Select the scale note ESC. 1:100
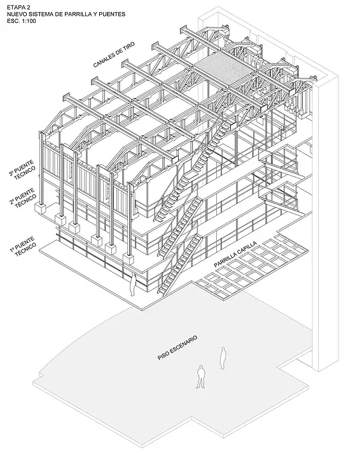click(21, 21)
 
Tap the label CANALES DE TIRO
click(114, 55)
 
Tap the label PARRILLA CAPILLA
click(235, 255)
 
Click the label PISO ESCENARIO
click(177, 347)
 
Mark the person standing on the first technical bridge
click(133, 284)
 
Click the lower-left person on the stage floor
click(201, 377)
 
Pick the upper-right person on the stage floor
click(223, 358)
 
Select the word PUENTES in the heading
click(114, 14)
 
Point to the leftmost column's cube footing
click(40, 207)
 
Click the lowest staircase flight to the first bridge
click(181, 264)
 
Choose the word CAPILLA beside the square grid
click(247, 248)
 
